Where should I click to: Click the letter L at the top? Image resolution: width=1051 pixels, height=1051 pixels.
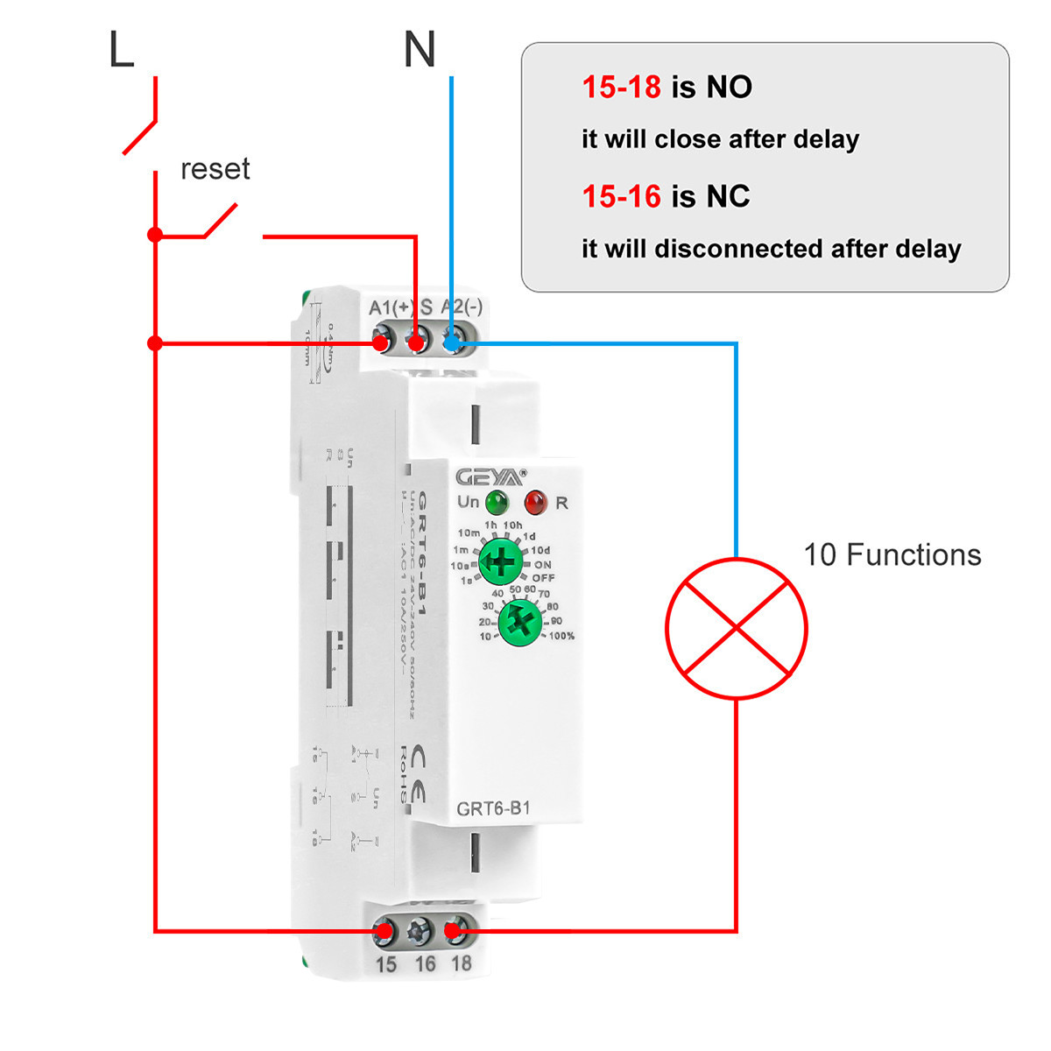coord(121,50)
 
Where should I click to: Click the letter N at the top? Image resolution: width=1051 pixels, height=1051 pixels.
coord(419,50)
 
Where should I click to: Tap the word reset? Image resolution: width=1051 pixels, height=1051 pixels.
coord(215,168)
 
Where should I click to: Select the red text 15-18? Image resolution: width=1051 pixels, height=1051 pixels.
coord(621,87)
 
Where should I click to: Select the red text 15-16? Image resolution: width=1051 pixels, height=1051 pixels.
coord(621,196)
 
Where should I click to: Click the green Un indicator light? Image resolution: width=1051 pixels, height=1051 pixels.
coord(497,503)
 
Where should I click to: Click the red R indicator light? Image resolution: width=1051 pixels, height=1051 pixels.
coord(535,503)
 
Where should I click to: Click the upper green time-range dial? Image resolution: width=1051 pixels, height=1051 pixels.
coord(501,561)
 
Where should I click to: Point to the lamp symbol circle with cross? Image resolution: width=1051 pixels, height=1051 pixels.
coord(736,628)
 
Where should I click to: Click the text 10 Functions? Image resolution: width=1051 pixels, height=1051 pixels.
coord(892,555)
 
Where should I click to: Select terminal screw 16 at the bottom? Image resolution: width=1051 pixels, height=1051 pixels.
coord(421,931)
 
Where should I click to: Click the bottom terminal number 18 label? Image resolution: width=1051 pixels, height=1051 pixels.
coord(461,963)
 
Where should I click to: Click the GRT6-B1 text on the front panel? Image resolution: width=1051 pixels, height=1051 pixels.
coord(493,808)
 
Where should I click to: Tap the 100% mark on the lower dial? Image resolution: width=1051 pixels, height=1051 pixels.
coord(561,636)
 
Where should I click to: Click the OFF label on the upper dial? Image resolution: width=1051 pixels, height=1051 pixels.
coord(543,578)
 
